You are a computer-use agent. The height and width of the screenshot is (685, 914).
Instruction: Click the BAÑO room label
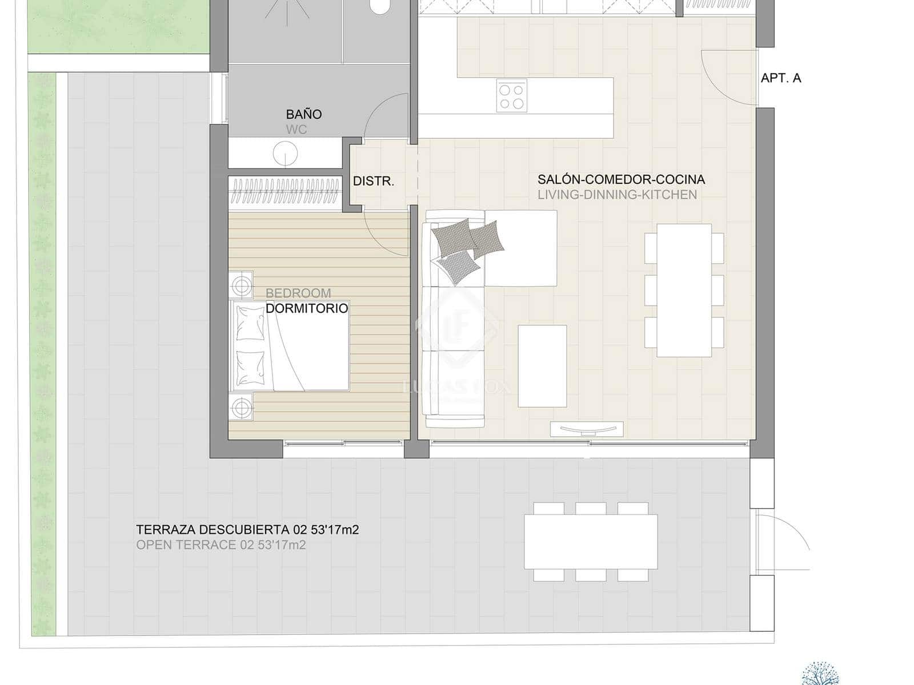click(304, 114)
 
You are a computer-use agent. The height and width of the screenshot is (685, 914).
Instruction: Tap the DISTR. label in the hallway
click(374, 182)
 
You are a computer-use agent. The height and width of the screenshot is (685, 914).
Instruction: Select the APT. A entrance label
click(780, 78)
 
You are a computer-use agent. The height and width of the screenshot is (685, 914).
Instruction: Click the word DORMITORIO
click(307, 308)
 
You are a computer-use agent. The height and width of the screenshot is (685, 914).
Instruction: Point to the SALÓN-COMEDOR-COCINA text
click(621, 179)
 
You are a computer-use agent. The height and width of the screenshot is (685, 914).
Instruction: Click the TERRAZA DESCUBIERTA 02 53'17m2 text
click(247, 530)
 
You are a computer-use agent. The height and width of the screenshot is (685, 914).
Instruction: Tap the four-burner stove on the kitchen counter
click(511, 96)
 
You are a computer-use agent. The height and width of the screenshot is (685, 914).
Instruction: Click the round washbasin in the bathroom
click(285, 154)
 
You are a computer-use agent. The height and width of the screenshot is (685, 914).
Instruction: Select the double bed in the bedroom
click(291, 346)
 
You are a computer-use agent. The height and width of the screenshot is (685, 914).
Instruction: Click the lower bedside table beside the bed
click(242, 408)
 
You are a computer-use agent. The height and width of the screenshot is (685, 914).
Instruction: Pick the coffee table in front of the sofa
click(542, 366)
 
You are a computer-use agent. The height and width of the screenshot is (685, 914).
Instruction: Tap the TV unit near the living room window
click(586, 429)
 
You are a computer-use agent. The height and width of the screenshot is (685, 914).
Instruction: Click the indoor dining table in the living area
click(684, 290)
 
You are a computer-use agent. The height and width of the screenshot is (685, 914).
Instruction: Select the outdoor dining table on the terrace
click(591, 541)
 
